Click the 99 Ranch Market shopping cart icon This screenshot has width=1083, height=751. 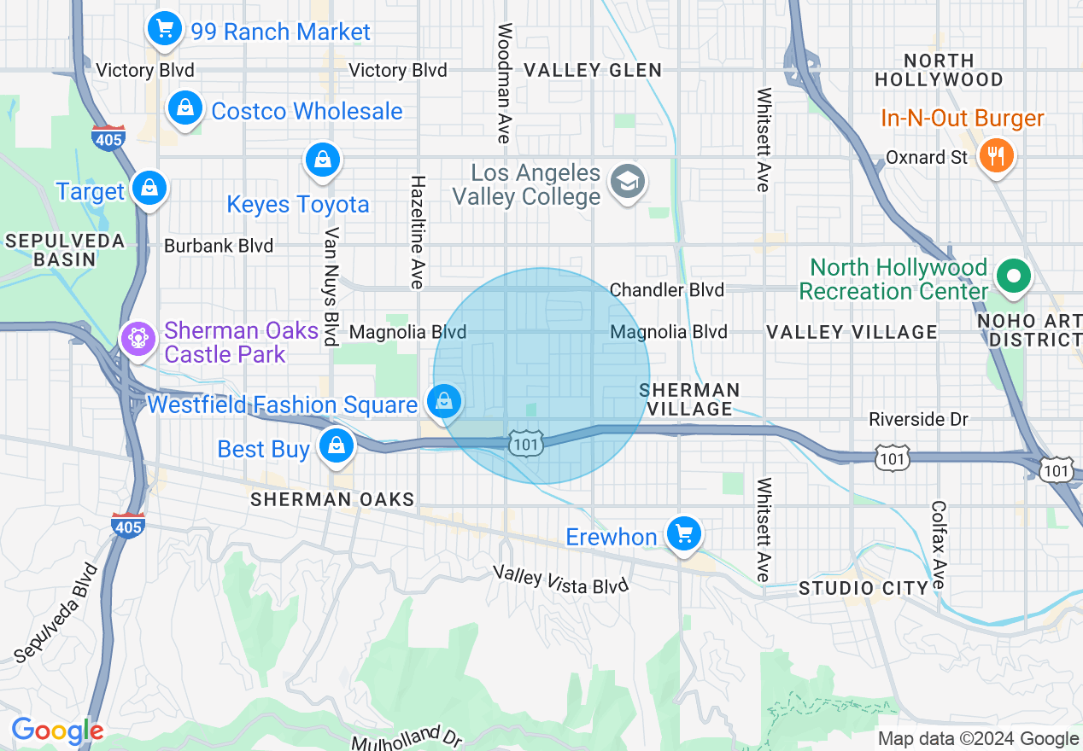coord(164,30)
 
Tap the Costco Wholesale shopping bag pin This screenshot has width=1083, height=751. coord(184,108)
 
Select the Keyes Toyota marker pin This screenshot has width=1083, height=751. coord(323,160)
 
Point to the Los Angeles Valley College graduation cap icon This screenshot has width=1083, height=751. coord(628,182)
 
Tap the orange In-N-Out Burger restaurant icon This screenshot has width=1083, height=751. coord(995,156)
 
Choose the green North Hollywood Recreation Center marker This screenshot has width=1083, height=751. coord(1013,277)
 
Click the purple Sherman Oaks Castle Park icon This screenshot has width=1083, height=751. coord(137,338)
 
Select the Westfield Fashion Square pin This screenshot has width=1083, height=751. coord(444,400)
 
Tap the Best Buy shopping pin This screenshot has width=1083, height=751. coord(337,445)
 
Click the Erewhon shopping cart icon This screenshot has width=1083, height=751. coord(683,534)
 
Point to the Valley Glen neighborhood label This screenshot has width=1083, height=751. coord(592,70)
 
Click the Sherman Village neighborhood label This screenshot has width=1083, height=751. coord(690,399)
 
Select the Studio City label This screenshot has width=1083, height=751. coord(863,588)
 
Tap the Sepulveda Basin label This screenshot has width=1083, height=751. coord(65,250)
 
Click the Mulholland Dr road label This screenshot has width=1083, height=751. coord(407,736)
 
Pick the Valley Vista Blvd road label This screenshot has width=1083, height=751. coord(560,580)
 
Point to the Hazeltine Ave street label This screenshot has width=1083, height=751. coord(418,232)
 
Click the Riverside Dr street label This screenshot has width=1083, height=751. coord(919,419)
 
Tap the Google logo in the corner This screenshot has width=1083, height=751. coord(56,731)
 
